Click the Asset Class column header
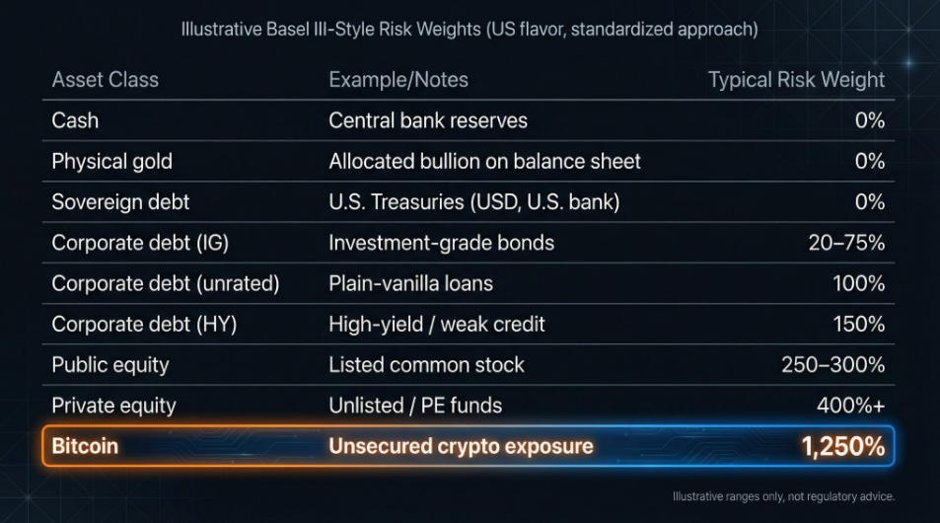click(x=105, y=80)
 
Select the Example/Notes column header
click(x=398, y=80)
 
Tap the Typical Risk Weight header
click(x=796, y=80)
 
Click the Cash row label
click(x=75, y=120)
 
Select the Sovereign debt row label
click(x=120, y=202)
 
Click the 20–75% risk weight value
click(x=846, y=243)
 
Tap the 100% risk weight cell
click(x=858, y=283)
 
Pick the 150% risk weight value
click(x=858, y=324)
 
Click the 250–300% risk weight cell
click(x=833, y=365)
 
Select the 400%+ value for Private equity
click(x=850, y=406)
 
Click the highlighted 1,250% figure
click(x=842, y=446)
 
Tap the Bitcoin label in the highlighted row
click(x=85, y=446)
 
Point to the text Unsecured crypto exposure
click(x=461, y=446)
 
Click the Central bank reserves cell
click(x=428, y=120)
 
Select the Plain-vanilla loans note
click(x=410, y=283)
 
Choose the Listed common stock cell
click(x=426, y=365)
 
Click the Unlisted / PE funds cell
click(x=415, y=406)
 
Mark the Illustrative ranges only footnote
click(x=783, y=496)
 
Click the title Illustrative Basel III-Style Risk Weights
click(x=470, y=30)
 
